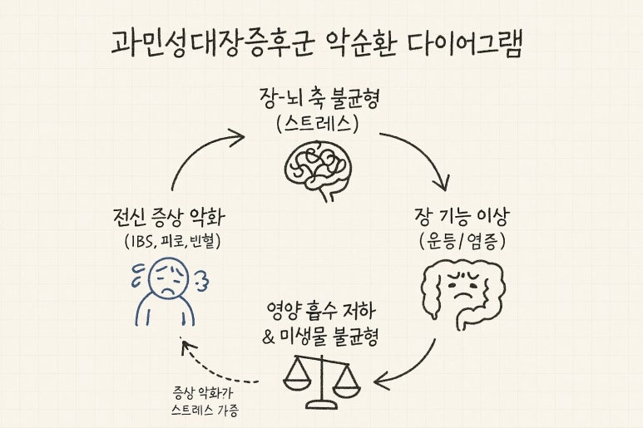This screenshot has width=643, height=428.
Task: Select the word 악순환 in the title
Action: pyautogui.click(x=361, y=43)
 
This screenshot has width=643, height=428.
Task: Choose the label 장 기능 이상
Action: pyautogui.click(x=462, y=219)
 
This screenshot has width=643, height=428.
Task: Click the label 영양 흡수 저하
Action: pyautogui.click(x=321, y=314)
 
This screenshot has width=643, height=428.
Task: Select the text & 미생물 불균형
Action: pyautogui.click(x=321, y=338)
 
